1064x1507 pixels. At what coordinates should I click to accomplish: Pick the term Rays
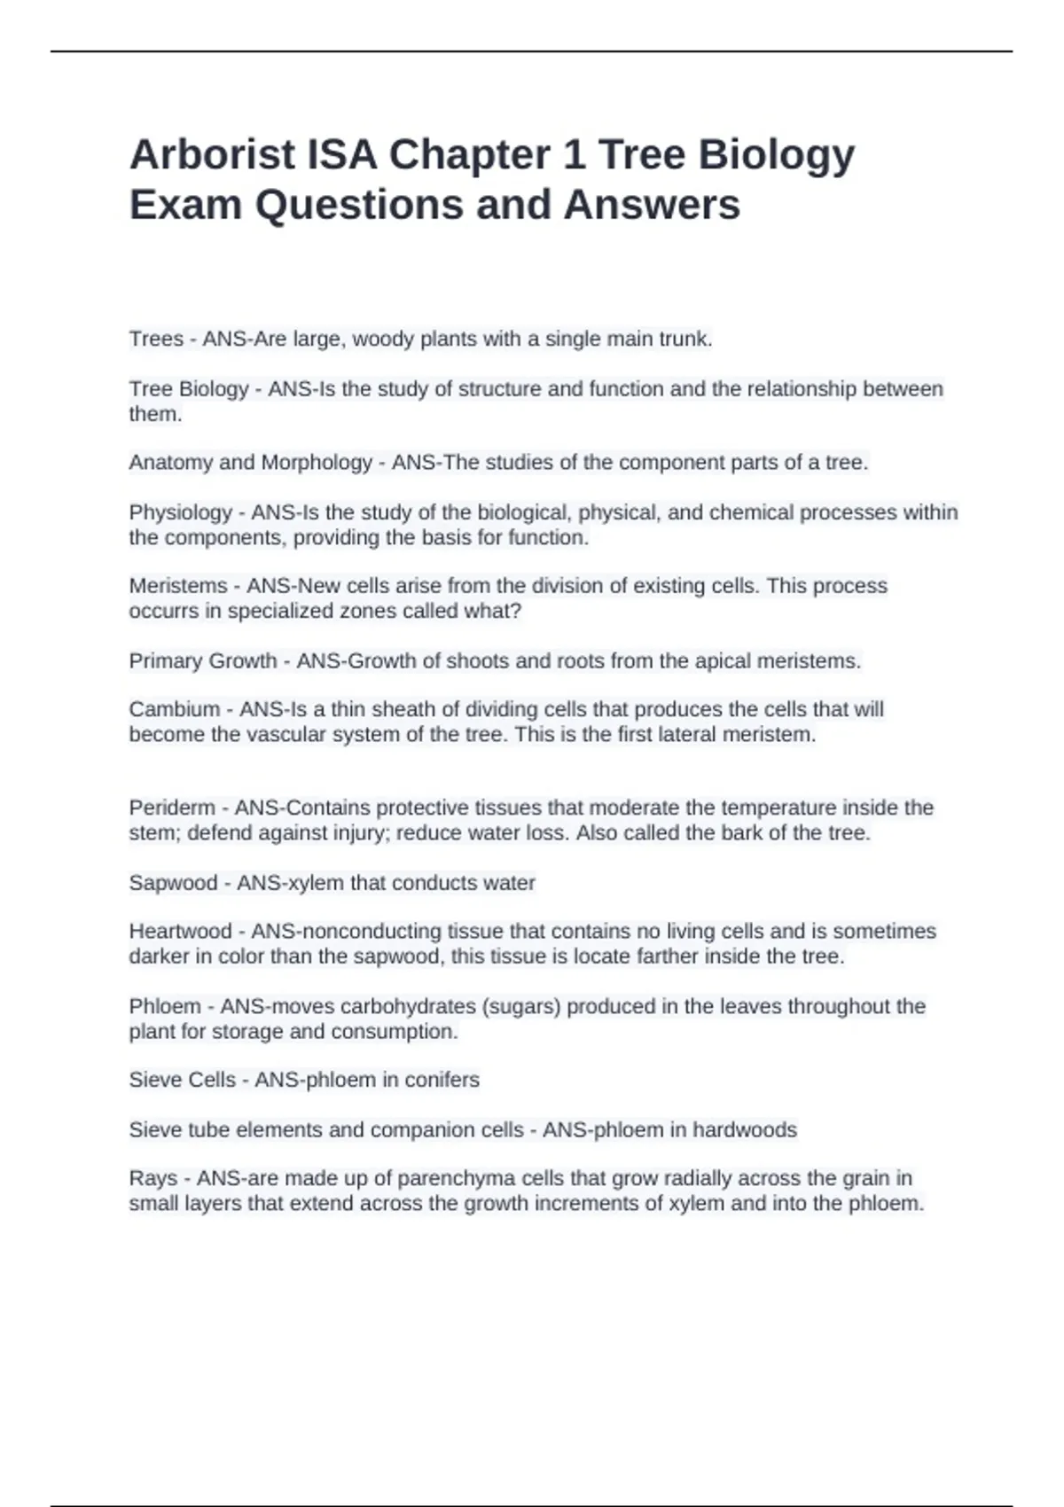click(x=153, y=1178)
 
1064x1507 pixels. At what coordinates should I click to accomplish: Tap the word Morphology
click(x=317, y=463)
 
